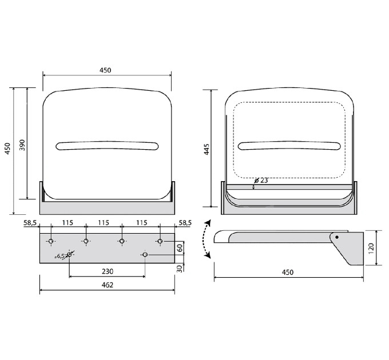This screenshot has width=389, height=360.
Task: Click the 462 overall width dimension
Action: click(x=108, y=285)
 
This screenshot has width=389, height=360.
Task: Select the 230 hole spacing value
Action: click(x=108, y=271)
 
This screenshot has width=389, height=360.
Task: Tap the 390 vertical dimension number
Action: click(x=22, y=145)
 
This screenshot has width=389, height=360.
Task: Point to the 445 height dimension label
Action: click(x=207, y=149)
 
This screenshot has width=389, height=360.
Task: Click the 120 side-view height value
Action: click(x=371, y=248)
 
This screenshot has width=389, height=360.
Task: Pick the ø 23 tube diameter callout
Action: click(x=261, y=181)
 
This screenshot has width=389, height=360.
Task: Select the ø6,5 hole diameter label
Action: click(x=59, y=256)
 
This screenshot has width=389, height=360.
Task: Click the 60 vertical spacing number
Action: click(x=180, y=248)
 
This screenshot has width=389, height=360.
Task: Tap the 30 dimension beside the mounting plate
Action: click(x=180, y=269)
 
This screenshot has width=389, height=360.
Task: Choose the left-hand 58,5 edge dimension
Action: click(x=30, y=223)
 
